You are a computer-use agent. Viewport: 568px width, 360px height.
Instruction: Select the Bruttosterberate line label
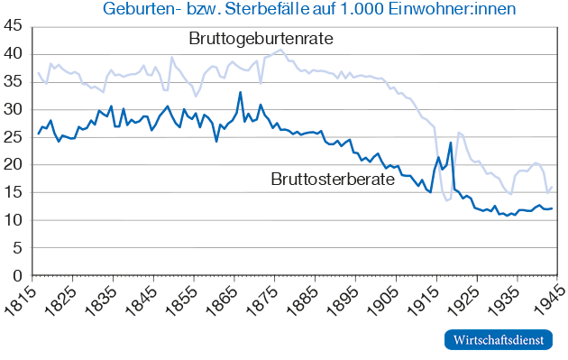click(x=333, y=179)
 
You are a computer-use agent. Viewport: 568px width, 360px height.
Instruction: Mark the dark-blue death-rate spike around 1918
click(x=450, y=143)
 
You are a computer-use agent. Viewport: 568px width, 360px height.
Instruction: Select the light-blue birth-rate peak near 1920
click(x=458, y=133)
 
